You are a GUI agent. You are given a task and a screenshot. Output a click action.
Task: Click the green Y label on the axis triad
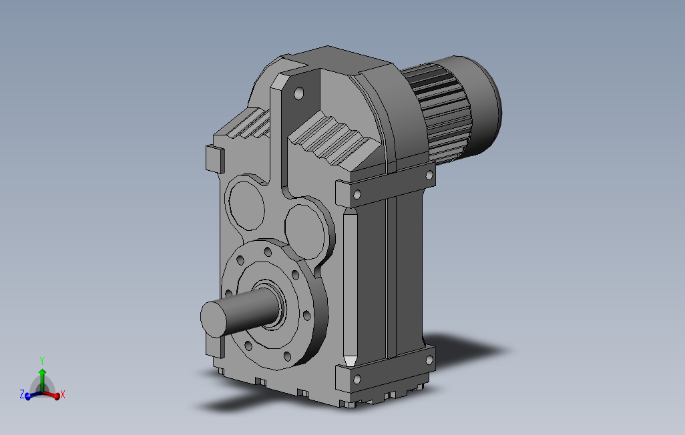[x=42, y=361]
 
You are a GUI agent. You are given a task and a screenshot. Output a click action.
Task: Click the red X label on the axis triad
[x=63, y=395]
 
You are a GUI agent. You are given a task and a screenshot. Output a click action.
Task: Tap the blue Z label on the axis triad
[x=22, y=394]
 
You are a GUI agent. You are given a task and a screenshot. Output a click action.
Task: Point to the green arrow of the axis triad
[x=42, y=380]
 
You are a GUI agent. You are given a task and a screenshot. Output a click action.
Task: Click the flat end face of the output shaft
[x=214, y=319]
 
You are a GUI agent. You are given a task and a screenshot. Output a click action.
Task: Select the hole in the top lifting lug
[x=299, y=93]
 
